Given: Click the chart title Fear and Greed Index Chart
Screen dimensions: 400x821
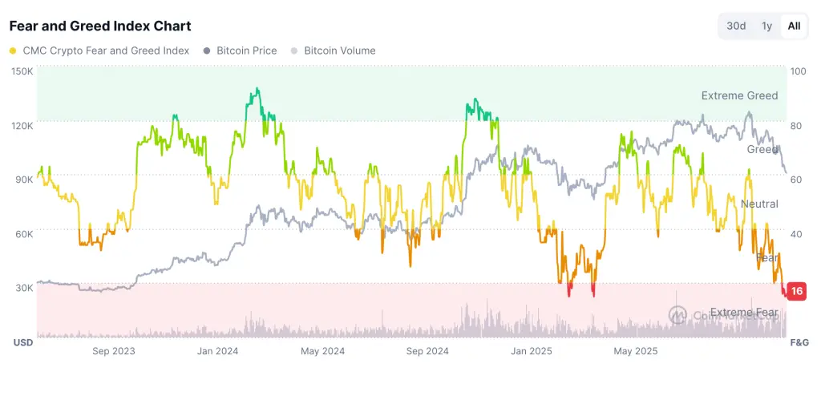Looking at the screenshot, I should pyautogui.click(x=100, y=26).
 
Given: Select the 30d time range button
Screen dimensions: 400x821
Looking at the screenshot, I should pyautogui.click(x=736, y=26).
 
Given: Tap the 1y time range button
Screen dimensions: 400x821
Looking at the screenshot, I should pyautogui.click(x=766, y=26).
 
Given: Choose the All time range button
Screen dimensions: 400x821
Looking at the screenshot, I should pyautogui.click(x=794, y=26).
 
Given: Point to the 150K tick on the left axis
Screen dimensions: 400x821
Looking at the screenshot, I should pyautogui.click(x=22, y=71).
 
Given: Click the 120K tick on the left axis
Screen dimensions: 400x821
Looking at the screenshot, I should pyautogui.click(x=22, y=125).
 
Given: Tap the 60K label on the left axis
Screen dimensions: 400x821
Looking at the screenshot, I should pyautogui.click(x=22, y=233).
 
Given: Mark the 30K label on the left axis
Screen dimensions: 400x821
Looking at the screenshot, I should pyautogui.click(x=22, y=287).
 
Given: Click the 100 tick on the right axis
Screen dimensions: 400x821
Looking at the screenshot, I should pyautogui.click(x=797, y=71).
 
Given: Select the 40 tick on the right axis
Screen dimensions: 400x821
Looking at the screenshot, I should pyautogui.click(x=795, y=233).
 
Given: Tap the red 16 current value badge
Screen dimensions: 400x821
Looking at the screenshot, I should pyautogui.click(x=796, y=291).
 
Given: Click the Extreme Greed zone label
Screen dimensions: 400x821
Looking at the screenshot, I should pyautogui.click(x=739, y=95).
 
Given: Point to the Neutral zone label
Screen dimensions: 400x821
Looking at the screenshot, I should pyautogui.click(x=758, y=204).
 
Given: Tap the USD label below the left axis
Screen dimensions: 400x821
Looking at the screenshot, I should pyautogui.click(x=22, y=342).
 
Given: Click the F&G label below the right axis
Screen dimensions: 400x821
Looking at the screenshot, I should pyautogui.click(x=799, y=342).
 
